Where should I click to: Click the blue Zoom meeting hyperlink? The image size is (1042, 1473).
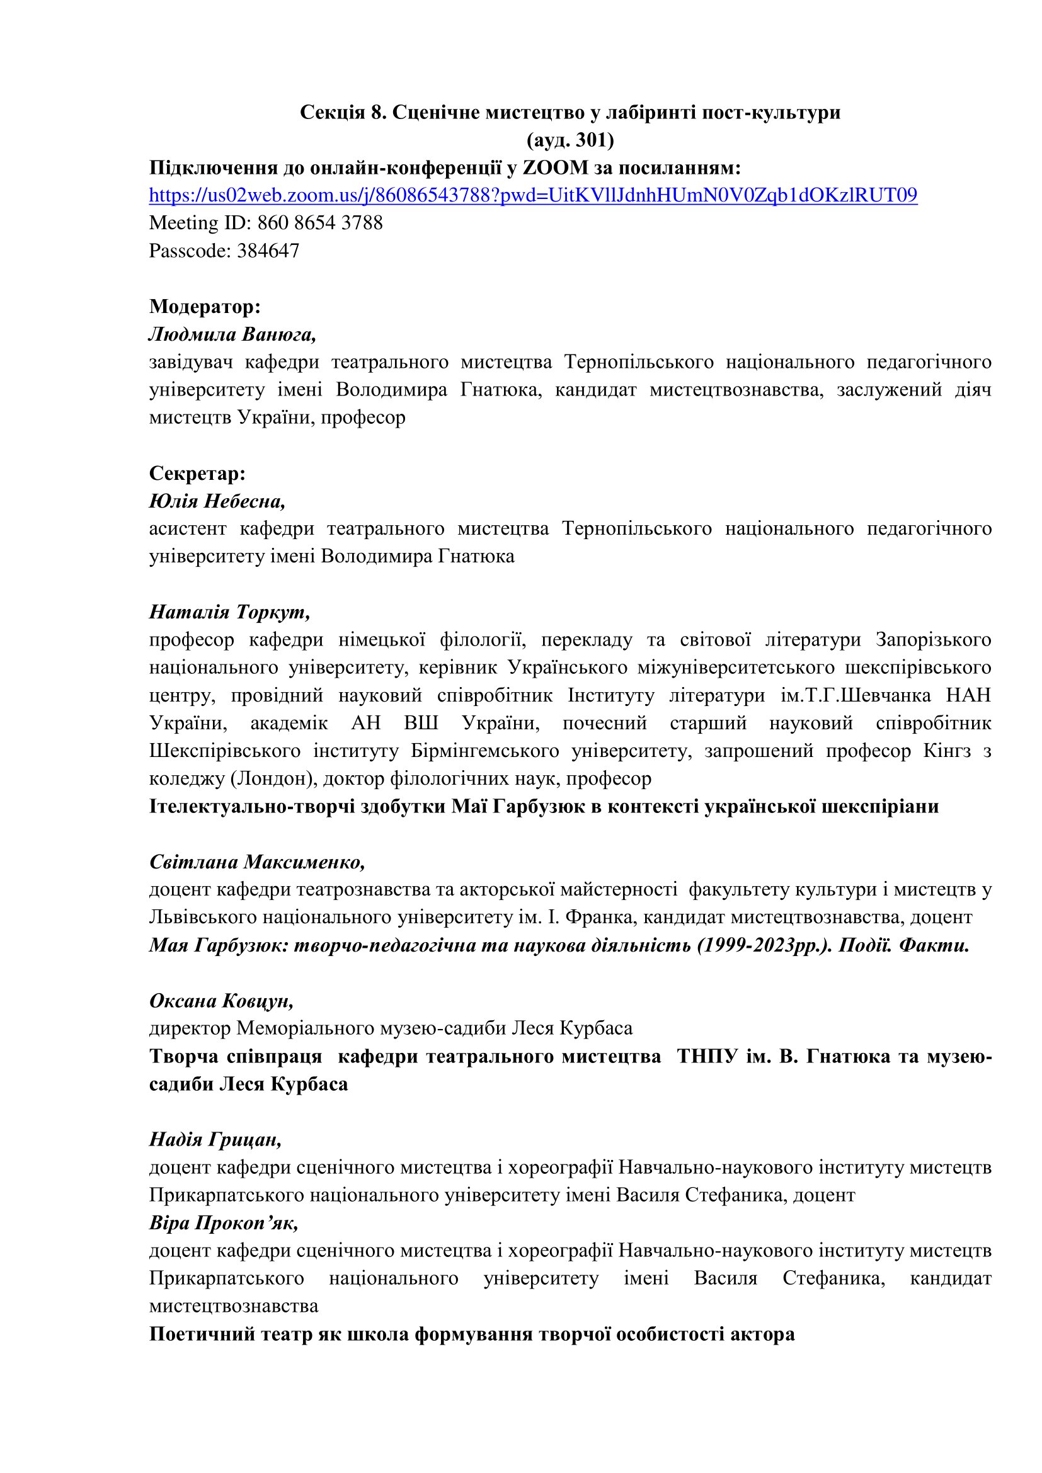pos(532,195)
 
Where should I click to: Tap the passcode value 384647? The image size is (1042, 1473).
pos(268,250)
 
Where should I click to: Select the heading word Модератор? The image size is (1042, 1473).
pos(205,307)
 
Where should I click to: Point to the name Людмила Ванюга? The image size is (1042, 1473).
pos(232,334)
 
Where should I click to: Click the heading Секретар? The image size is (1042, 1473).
pos(198,474)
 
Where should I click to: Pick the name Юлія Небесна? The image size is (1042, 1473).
pos(217,501)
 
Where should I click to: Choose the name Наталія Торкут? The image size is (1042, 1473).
pos(230,612)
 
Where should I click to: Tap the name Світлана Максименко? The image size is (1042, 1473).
pos(256,862)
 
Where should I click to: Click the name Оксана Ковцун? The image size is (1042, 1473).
pos(221,1000)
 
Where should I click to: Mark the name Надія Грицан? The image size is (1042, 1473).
pos(215,1139)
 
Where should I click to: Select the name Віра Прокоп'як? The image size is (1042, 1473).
pos(223,1223)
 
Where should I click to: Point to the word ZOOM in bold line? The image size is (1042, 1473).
pos(556,168)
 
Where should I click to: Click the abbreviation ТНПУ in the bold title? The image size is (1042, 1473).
pos(706,1056)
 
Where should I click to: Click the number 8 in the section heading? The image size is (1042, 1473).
pos(376,113)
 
